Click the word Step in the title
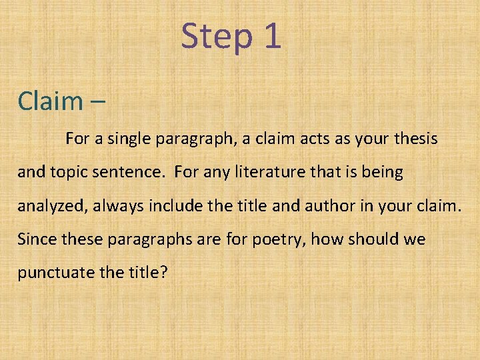(215, 37)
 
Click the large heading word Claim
(49, 101)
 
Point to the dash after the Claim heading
(96, 102)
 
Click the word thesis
(415, 139)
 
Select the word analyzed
(52, 206)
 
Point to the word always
(119, 205)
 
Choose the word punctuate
(55, 273)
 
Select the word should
(369, 239)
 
